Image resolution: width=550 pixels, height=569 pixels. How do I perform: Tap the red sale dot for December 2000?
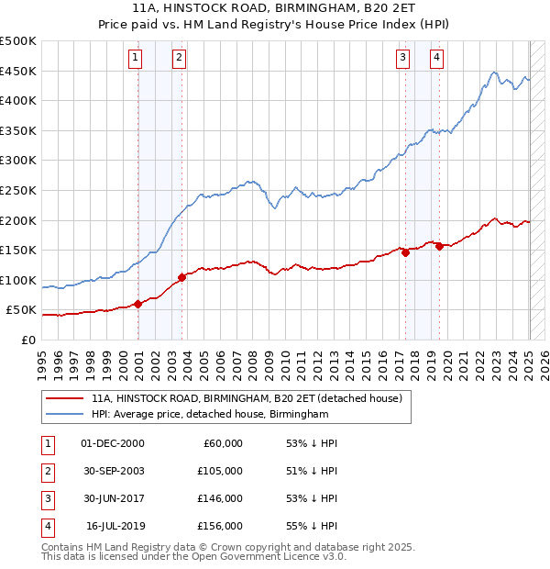pyautogui.click(x=138, y=304)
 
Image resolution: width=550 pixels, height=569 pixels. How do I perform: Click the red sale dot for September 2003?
pyautogui.click(x=182, y=276)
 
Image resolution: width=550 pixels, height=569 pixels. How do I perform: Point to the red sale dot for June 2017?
pyautogui.click(x=405, y=252)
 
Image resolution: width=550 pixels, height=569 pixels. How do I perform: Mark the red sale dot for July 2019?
pyautogui.click(x=439, y=246)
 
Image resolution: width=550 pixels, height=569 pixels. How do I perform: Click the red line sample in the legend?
pyautogui.click(x=63, y=399)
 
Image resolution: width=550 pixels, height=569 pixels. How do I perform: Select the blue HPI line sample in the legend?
pyautogui.click(x=63, y=415)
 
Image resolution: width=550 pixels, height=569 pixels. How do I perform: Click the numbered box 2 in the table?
pyautogui.click(x=47, y=471)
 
